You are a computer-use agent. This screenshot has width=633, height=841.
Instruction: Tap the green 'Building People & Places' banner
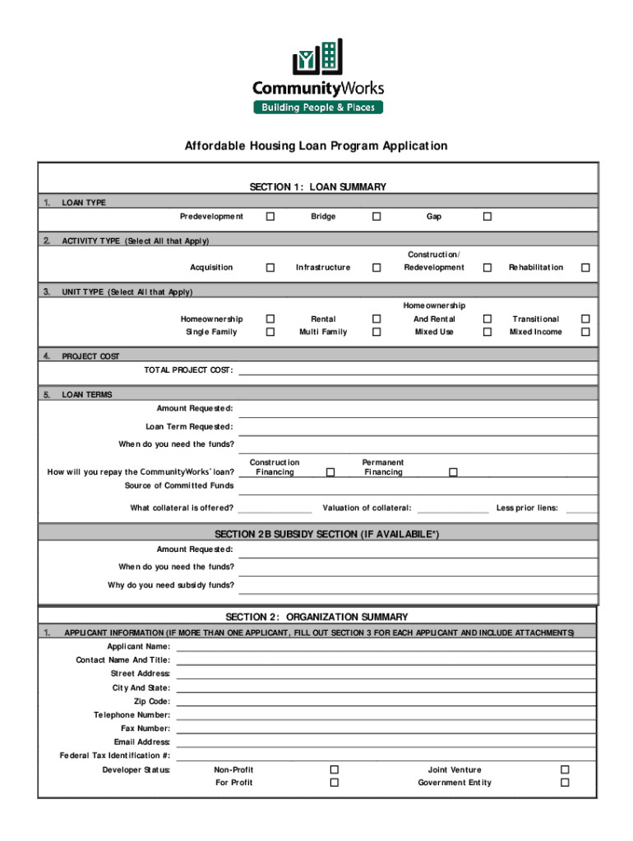pos(317,108)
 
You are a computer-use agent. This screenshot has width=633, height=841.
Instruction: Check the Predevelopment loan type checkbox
pos(270,217)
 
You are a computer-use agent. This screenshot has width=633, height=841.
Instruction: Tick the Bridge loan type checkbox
pos(377,217)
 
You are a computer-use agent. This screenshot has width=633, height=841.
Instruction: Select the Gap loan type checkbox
pos(487,217)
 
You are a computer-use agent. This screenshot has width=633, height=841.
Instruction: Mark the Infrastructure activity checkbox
pos(377,268)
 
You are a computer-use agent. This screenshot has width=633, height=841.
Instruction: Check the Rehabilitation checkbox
pos(585,268)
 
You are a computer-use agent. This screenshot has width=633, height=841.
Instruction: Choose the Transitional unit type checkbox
pos(585,319)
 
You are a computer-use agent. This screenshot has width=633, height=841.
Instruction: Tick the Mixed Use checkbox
pos(487,332)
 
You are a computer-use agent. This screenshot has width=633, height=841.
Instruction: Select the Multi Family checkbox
pos(377,332)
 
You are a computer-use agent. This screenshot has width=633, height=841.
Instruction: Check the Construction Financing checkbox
pos(330,472)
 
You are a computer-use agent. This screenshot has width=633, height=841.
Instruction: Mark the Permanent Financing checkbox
pos(452,472)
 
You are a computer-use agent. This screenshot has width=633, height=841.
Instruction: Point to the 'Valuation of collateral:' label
pos(367,508)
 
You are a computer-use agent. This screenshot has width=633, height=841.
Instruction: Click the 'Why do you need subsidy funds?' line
pos(418,586)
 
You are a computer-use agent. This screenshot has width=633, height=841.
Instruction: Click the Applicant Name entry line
pos(385,646)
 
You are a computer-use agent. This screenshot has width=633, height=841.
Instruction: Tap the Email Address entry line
pos(385,742)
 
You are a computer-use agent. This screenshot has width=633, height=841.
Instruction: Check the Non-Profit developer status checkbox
pos(334,770)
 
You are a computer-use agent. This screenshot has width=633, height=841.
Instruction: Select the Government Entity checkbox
pos(565,783)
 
